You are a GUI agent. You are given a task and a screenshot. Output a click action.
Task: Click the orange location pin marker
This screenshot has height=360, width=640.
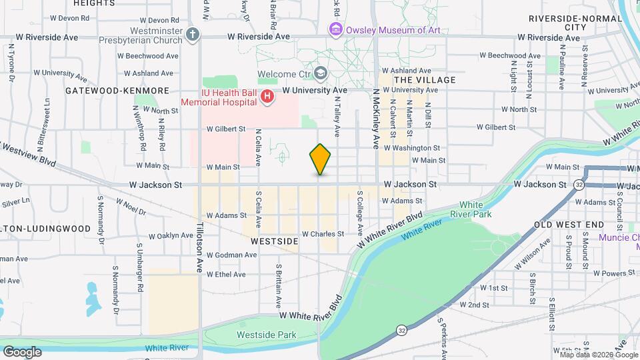pos(320,159)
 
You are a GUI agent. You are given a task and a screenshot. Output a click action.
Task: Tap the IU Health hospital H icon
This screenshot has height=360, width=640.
pos(267,97)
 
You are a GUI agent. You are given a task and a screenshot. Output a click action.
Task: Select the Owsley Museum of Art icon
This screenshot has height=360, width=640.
pos(335,29)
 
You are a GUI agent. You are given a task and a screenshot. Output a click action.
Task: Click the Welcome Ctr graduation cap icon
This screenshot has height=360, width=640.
pos(321,73)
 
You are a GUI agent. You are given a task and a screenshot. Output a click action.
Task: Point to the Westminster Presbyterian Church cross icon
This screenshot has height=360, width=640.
pos(193,35)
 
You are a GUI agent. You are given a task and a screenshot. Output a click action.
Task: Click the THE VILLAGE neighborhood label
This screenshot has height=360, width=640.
pos(425,80)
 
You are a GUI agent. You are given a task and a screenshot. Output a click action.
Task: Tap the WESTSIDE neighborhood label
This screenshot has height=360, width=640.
pos(274,243)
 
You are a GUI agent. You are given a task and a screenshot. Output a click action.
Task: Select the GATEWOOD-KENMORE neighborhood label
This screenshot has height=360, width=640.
pos(117,90)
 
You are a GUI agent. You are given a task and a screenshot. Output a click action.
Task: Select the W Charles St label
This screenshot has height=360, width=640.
pos(323,234)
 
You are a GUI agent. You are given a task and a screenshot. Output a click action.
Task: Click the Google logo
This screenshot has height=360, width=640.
pos(22,351)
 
